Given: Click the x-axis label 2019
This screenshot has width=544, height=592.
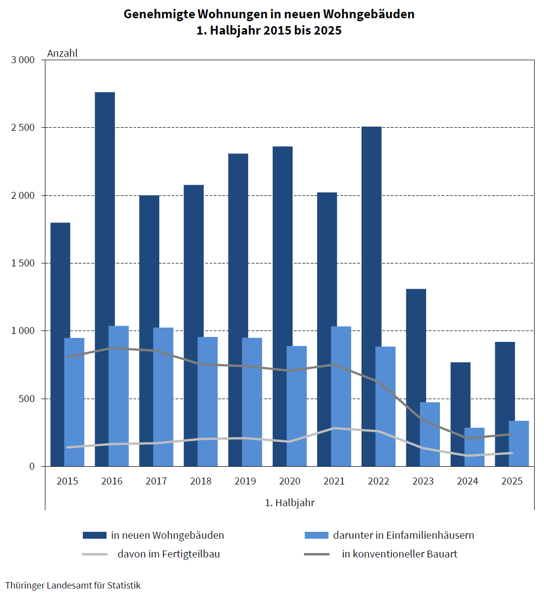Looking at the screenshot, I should pyautogui.click(x=245, y=481).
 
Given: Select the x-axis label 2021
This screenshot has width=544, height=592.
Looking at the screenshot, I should pyautogui.click(x=334, y=481).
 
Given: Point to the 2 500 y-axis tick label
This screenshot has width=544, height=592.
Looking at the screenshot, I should pyautogui.click(x=23, y=128).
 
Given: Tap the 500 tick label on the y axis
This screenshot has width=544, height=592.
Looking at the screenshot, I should pyautogui.click(x=27, y=399).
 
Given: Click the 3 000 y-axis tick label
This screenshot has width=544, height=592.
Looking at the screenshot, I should pyautogui.click(x=23, y=60).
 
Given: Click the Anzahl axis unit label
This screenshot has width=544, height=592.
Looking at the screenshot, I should pyautogui.click(x=62, y=53).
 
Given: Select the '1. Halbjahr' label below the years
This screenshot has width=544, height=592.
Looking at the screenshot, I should pyautogui.click(x=290, y=503).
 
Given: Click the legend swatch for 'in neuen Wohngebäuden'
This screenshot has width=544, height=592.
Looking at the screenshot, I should pyautogui.click(x=95, y=535).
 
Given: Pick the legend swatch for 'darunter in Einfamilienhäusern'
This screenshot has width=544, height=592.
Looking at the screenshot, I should pyautogui.click(x=317, y=535).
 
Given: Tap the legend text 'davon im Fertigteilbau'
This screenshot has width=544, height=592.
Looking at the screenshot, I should pyautogui.click(x=169, y=554).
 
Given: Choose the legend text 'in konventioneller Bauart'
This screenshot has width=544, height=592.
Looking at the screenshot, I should pyautogui.click(x=399, y=554).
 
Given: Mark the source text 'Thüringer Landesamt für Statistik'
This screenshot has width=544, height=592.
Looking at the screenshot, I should pyautogui.click(x=73, y=585).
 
